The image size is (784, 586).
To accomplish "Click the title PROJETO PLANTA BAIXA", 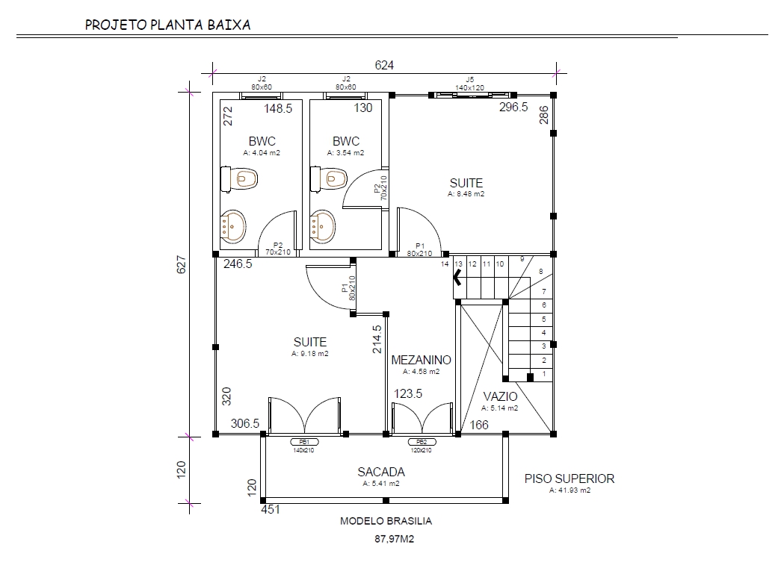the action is coord(167,25).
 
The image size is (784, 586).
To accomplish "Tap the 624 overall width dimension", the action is coord(384,66).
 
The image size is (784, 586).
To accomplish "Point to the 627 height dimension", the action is coord(182,264).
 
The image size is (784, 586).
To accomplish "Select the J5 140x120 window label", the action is coord(469,84).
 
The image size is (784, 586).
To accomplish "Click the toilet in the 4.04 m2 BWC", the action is coord(239,178).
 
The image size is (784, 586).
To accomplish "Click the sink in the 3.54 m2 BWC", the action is coord(323,227).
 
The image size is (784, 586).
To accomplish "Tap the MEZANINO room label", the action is coord(421,361).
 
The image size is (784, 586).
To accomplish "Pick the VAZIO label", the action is coord(500,396).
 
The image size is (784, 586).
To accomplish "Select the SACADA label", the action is coord(381,472).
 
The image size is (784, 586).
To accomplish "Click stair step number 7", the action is coord(544,291).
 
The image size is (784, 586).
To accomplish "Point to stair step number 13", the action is coord(458,264).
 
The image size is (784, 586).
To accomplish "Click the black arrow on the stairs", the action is coord(457,276).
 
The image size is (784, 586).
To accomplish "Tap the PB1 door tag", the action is coord(304,442).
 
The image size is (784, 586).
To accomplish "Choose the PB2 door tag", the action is coord(422,442).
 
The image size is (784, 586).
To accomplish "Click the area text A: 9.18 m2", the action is coord(310,354).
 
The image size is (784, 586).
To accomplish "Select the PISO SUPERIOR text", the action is coord(569,479).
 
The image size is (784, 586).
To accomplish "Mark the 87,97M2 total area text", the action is coord(395,539).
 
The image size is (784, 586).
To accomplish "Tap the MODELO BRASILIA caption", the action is coord(386,521).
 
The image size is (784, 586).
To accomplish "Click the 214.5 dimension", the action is coord(377,339).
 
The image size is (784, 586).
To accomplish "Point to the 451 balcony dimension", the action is coord(271,510).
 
